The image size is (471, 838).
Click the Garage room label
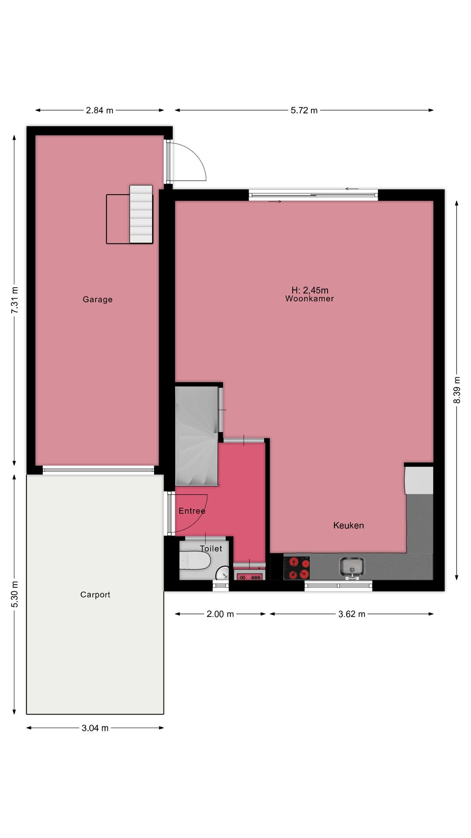click(98, 299)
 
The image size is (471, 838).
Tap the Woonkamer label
click(310, 299)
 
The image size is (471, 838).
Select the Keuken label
click(348, 525)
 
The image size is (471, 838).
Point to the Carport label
click(95, 595)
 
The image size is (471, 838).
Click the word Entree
click(192, 511)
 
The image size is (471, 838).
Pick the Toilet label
click(211, 549)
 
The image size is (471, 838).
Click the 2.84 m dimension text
click(99, 110)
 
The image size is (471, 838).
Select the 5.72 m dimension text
click(304, 110)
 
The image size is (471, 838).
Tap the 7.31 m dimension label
click(15, 300)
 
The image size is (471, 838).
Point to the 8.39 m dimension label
click(457, 390)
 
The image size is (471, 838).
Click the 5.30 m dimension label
click(15, 594)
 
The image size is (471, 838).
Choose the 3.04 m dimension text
click(95, 728)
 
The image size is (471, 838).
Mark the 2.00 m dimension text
click(220, 614)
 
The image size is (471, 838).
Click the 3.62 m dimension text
click(352, 614)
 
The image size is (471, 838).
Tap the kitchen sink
click(352, 567)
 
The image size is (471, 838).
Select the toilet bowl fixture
click(195, 561)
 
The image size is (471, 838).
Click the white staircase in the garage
click(141, 214)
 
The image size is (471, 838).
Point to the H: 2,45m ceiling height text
click(310, 290)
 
